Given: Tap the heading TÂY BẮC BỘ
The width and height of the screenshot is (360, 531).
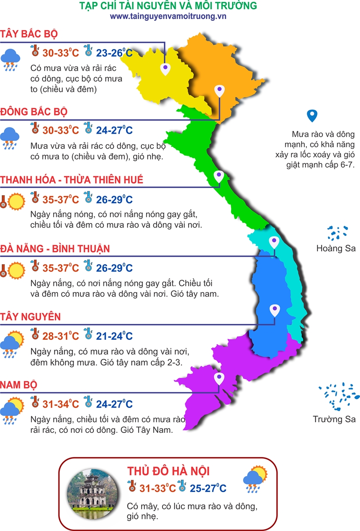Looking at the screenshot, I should (29, 34).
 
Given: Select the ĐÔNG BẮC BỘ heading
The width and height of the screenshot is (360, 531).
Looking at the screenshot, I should (34, 111).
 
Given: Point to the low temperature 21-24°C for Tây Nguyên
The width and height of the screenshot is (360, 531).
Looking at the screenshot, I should (114, 336).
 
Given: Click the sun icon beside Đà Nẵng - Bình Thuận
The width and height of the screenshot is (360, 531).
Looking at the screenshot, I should (16, 269).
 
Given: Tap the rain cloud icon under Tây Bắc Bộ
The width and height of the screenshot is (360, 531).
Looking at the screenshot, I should (10, 60).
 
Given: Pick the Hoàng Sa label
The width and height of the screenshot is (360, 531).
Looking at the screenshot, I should (336, 248).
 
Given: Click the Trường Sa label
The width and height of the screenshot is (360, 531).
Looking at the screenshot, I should (334, 419).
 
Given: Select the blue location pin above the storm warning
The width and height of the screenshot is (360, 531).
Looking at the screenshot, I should (313, 115).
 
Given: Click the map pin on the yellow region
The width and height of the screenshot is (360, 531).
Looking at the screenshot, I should (165, 69).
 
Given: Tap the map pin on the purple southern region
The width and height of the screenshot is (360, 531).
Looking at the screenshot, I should (219, 379).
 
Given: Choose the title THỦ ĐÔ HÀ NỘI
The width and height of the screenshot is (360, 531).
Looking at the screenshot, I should (168, 470).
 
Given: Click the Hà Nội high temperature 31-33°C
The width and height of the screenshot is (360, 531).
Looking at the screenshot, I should (158, 489).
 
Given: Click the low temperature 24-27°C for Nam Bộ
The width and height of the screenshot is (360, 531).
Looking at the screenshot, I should (114, 404).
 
